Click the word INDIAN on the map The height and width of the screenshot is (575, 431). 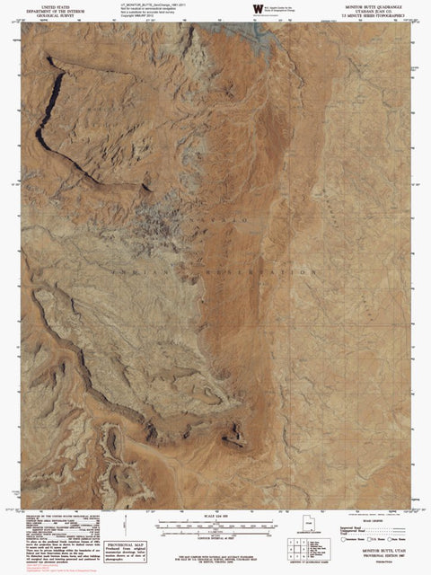[130, 269]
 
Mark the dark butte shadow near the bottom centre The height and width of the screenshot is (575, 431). [235, 437]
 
